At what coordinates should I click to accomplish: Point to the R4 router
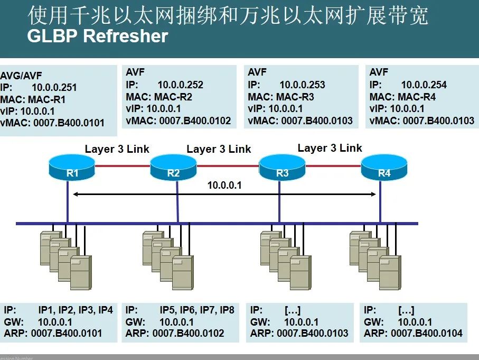coord(384,167)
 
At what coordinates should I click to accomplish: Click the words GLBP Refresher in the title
coord(98,36)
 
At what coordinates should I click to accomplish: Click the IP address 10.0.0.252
coord(180,85)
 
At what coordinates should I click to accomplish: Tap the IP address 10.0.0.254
coord(424,85)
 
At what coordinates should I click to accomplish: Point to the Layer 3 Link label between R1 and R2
coord(117,149)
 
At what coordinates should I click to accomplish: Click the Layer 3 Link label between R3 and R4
coord(330,148)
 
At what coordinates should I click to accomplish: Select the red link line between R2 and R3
coord(228,166)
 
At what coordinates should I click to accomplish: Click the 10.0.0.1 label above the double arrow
coord(224,185)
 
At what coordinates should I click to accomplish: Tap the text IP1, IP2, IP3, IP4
coord(75,310)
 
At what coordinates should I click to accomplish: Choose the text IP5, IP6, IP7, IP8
coord(196,310)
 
